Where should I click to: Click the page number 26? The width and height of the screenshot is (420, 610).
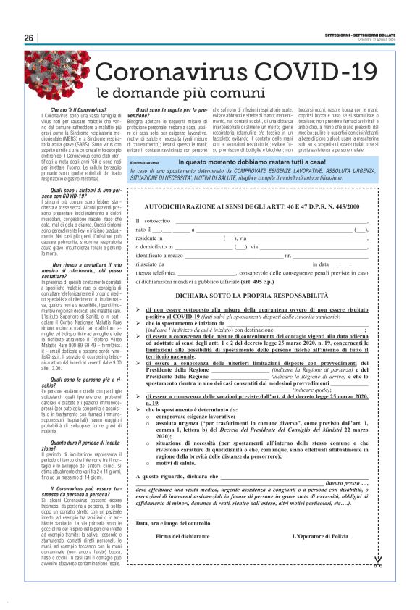[30, 38]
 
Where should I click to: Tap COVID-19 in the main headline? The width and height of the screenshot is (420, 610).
[312, 73]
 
